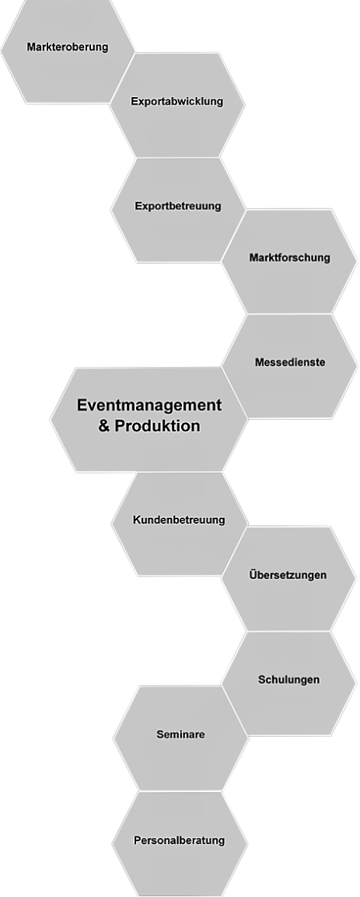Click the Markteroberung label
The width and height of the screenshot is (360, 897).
pyautogui.click(x=68, y=47)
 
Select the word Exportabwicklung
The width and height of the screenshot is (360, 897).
pyautogui.click(x=177, y=102)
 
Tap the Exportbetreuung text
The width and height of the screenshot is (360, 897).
pyautogui.click(x=178, y=207)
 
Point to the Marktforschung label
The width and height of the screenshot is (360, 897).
pyautogui.click(x=289, y=257)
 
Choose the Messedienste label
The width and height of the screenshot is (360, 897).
pyautogui.click(x=290, y=363)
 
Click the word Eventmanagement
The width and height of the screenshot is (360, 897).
pyautogui.click(x=149, y=406)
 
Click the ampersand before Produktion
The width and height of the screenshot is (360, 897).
pyautogui.click(x=104, y=426)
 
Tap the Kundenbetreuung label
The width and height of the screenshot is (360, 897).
pyautogui.click(x=179, y=521)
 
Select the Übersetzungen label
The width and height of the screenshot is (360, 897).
pyautogui.click(x=288, y=575)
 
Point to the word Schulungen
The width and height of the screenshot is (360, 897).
pyautogui.click(x=288, y=680)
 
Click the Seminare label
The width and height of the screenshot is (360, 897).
pyautogui.click(x=181, y=735)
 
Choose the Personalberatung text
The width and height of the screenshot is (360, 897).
pyautogui.click(x=179, y=841)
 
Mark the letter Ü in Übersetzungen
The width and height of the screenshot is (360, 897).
pyautogui.click(x=253, y=574)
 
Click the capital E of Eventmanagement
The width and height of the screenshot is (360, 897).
pyautogui.click(x=82, y=406)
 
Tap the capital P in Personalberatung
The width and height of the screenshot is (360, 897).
pyautogui.click(x=138, y=840)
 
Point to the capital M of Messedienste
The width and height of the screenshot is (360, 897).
pyautogui.click(x=259, y=363)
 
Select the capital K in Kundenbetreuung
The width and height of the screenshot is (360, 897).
pyautogui.click(x=137, y=520)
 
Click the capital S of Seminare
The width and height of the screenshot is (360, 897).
pyautogui.click(x=160, y=735)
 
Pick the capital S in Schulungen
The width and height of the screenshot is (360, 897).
pyautogui.click(x=261, y=679)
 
